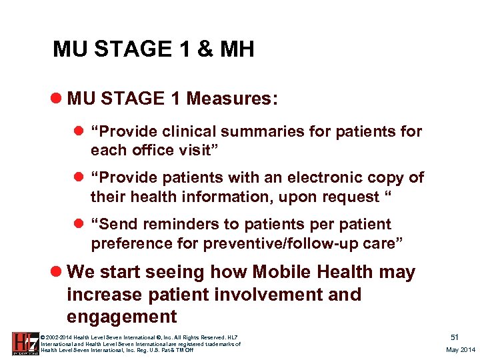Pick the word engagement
(x=122, y=316)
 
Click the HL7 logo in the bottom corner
(x=24, y=343)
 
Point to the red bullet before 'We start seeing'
(x=57, y=272)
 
